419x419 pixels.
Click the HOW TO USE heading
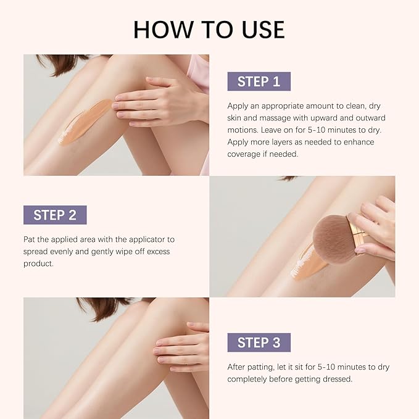(x=209, y=28)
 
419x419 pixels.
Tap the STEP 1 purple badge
(x=259, y=81)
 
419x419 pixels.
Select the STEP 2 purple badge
(x=55, y=215)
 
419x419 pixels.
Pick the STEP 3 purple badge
(x=259, y=342)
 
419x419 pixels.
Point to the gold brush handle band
(x=359, y=233)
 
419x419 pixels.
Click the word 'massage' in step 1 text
(x=271, y=117)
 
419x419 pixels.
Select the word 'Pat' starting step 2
(x=30, y=239)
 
